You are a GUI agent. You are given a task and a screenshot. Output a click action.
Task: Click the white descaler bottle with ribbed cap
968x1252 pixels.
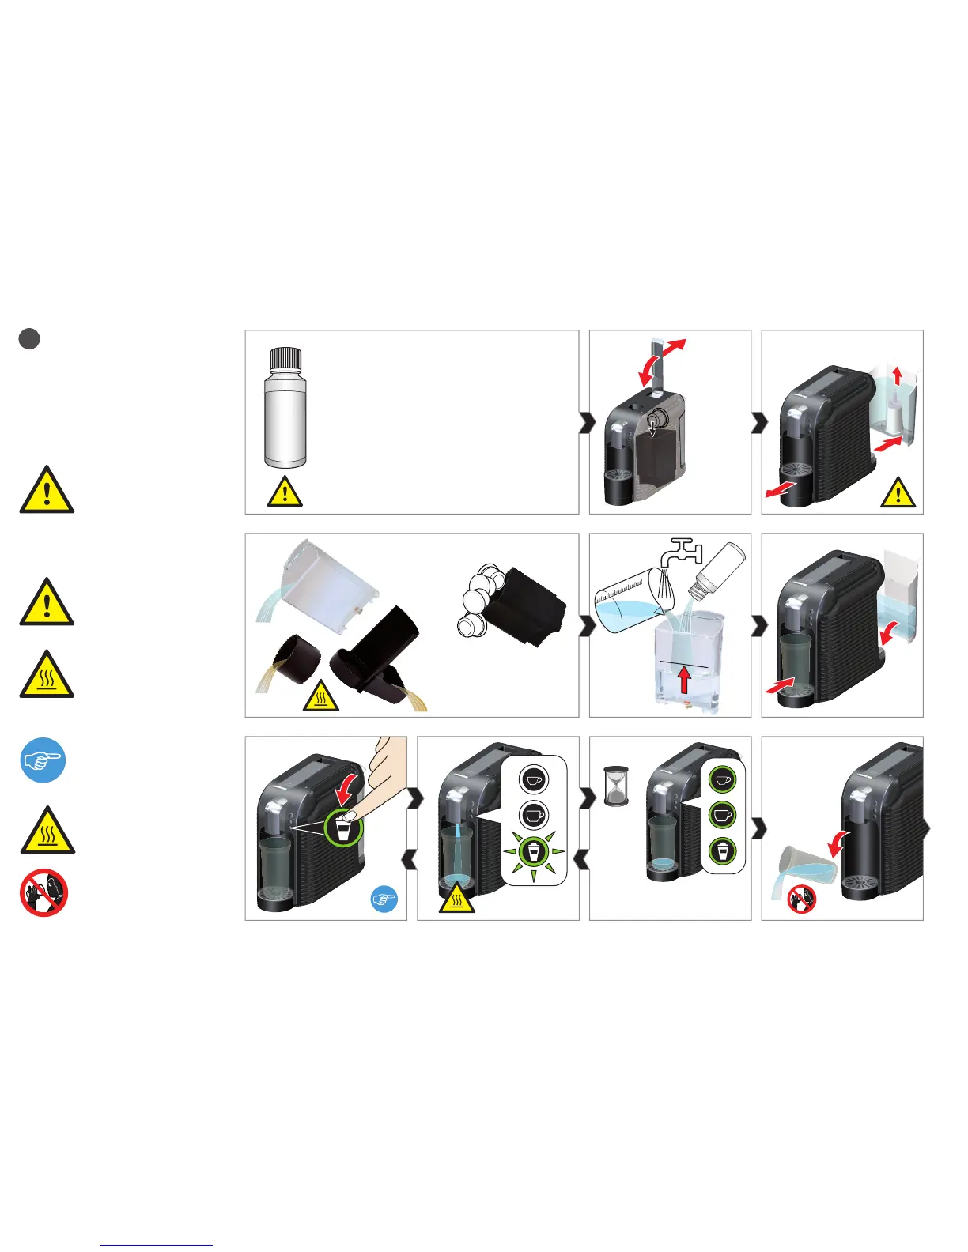coord(285,407)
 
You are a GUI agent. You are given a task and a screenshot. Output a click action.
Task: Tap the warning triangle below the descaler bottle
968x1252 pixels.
coord(285,492)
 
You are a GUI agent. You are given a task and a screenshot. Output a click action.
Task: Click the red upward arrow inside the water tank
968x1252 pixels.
coord(684,680)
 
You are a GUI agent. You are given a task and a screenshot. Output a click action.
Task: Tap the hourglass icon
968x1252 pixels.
coord(616,786)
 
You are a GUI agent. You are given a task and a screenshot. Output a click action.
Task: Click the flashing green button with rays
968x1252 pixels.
coord(534,852)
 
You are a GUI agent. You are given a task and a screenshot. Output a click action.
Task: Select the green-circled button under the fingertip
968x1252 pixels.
coord(343,828)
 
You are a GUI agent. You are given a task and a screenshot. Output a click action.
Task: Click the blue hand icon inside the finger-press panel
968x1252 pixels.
coord(384,899)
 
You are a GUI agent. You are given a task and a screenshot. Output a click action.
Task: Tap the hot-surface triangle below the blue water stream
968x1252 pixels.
coord(457,899)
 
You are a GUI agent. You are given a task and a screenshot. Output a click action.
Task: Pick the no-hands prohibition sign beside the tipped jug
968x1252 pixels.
coord(801,899)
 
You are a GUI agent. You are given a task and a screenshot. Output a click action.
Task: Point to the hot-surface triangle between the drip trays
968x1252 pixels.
coord(321,696)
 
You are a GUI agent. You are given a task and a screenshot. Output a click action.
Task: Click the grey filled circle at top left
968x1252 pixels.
coord(29,338)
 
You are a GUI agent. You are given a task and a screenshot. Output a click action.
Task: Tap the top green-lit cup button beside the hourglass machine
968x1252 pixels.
coord(721,779)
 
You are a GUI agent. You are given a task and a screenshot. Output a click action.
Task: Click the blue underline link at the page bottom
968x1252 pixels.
coord(157,1246)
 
